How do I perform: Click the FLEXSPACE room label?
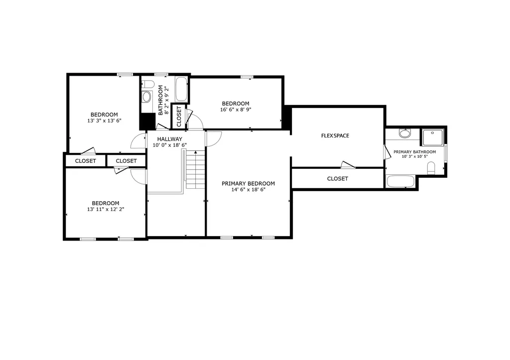[x=335, y=135]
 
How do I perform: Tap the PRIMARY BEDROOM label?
[x=248, y=183]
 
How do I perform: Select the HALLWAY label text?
[x=169, y=139]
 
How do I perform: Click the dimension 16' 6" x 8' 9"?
[x=236, y=110]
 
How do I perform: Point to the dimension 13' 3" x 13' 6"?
[x=104, y=120]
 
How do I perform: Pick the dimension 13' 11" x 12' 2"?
[x=106, y=210]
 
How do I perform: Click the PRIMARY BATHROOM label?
[x=415, y=152]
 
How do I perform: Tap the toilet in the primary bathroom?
[x=431, y=168]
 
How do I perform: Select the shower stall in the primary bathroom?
[x=433, y=137]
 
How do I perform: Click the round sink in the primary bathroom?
[x=405, y=133]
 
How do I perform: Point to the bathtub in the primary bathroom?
[x=400, y=181]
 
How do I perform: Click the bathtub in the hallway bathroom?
[x=181, y=89]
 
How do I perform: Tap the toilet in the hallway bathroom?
[x=148, y=84]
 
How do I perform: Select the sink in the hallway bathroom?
[x=147, y=97]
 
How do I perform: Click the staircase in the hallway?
[x=195, y=169]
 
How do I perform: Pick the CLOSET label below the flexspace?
[x=337, y=179]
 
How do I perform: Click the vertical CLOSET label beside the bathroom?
[x=179, y=117]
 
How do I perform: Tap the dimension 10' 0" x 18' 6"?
[x=169, y=145]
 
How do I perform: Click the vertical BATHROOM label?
[x=160, y=100]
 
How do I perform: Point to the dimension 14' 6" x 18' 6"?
[x=248, y=190]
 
